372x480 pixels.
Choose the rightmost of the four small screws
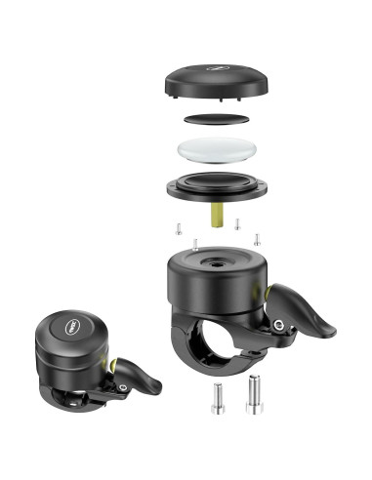(257, 237)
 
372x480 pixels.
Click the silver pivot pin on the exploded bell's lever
(279, 324)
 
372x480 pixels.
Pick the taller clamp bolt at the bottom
(254, 392)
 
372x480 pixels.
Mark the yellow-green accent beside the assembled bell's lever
(111, 363)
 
